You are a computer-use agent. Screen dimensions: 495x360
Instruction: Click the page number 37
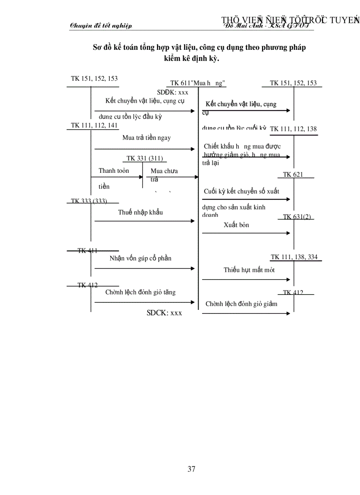pyautogui.click(x=191, y=469)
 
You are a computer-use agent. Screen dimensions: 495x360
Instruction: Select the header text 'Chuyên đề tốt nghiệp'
pyautogui.click(x=101, y=26)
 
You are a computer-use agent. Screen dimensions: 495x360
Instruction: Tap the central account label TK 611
pyautogui.click(x=198, y=83)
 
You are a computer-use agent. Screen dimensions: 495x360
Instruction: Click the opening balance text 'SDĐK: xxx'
pyautogui.click(x=172, y=92)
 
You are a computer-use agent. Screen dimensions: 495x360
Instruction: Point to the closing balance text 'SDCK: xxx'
pyautogui.click(x=164, y=313)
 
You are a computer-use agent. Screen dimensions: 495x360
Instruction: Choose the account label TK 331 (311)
pyautogui.click(x=146, y=158)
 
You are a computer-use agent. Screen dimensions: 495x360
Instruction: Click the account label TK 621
pyautogui.click(x=293, y=175)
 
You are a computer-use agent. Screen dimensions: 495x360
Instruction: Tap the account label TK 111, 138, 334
pyautogui.click(x=294, y=257)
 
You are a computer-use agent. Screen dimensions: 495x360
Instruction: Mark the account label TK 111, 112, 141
pyautogui.click(x=94, y=125)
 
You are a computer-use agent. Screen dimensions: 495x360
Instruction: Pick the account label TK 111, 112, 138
pyautogui.click(x=293, y=129)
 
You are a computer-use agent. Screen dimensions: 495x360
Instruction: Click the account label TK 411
pyautogui.click(x=87, y=250)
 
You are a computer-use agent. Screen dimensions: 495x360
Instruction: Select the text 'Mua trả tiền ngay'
pyautogui.click(x=146, y=138)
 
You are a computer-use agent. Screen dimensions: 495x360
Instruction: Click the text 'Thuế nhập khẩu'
pyautogui.click(x=140, y=212)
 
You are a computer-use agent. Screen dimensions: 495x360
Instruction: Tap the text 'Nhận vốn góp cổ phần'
pyautogui.click(x=140, y=258)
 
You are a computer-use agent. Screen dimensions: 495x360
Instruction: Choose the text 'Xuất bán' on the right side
pyautogui.click(x=236, y=225)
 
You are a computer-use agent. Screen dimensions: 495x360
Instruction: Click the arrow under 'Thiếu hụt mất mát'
pyautogui.click(x=246, y=279)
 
